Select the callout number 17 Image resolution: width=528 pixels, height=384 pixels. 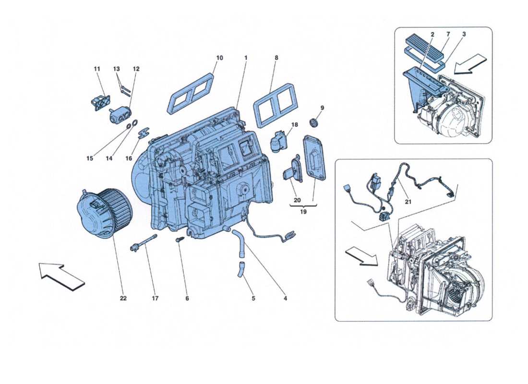tap(155, 298)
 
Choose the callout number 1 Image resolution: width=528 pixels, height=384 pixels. tap(246, 58)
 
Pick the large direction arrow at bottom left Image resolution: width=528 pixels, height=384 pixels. tap(61, 276)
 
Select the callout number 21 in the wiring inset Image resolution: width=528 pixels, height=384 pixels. tap(408, 202)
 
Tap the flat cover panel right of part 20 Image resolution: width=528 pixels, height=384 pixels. tap(315, 157)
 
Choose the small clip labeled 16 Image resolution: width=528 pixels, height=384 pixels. tap(143, 132)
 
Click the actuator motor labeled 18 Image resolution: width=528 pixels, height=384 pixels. tap(279, 141)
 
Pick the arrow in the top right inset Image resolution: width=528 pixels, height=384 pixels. tap(470, 65)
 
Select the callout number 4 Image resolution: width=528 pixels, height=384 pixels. tap(285, 298)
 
